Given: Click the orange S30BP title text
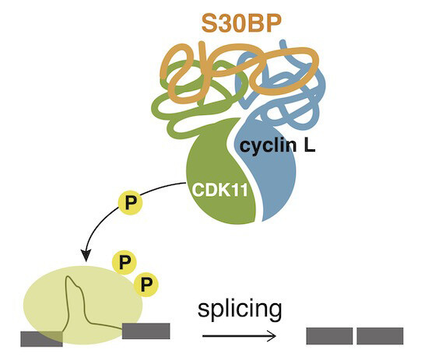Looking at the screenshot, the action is pyautogui.click(x=241, y=23).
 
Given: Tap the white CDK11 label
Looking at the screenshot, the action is pyautogui.click(x=220, y=190).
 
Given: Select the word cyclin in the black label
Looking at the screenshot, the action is pyautogui.click(x=268, y=146).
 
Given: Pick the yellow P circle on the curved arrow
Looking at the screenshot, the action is pyautogui.click(x=130, y=203).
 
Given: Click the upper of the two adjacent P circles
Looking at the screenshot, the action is pyautogui.click(x=125, y=262).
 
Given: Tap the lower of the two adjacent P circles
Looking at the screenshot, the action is pyautogui.click(x=146, y=285).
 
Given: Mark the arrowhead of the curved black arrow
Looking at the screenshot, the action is pyautogui.click(x=86, y=255).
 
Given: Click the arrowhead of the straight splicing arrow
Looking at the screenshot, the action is pyautogui.click(x=272, y=336).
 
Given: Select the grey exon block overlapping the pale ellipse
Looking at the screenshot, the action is pyautogui.click(x=41, y=339).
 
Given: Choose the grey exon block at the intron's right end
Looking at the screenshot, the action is pyautogui.click(x=146, y=331).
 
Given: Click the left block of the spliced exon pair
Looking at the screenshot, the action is pyautogui.click(x=329, y=336).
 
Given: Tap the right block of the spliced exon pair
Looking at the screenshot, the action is pyautogui.click(x=380, y=336).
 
